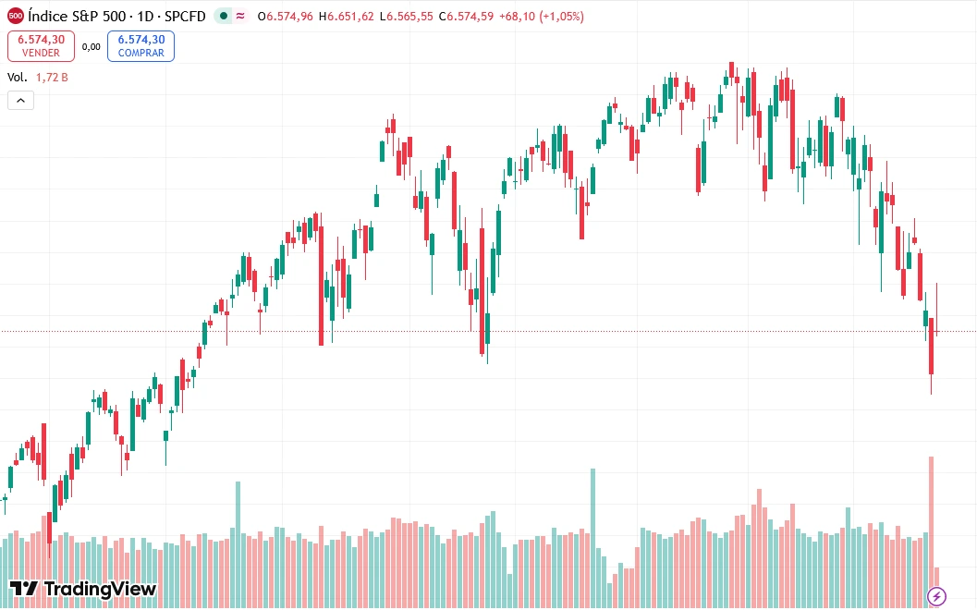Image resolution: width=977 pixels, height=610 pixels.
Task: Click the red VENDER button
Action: pos(41,45)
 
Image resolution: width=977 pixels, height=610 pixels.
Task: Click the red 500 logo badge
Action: pos(16,16)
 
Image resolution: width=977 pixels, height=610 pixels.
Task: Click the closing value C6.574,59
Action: pos(467,17)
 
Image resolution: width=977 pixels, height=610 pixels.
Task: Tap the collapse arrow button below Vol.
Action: pos(20,101)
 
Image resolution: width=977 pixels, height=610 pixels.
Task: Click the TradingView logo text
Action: pos(83,589)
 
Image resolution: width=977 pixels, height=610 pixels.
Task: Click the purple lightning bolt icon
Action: pos(937,596)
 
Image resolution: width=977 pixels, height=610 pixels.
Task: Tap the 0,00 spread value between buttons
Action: pos(91,46)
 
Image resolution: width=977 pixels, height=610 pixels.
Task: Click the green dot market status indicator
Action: pos(223,17)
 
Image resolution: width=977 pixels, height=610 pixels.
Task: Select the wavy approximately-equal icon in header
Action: pos(239,17)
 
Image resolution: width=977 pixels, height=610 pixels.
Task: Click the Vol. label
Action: pos(18,78)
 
